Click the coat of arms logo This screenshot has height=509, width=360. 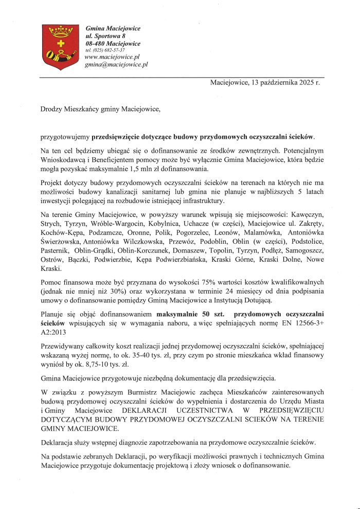(62, 45)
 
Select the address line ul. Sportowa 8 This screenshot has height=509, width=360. (106, 35)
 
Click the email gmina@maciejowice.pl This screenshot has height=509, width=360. (116, 65)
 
